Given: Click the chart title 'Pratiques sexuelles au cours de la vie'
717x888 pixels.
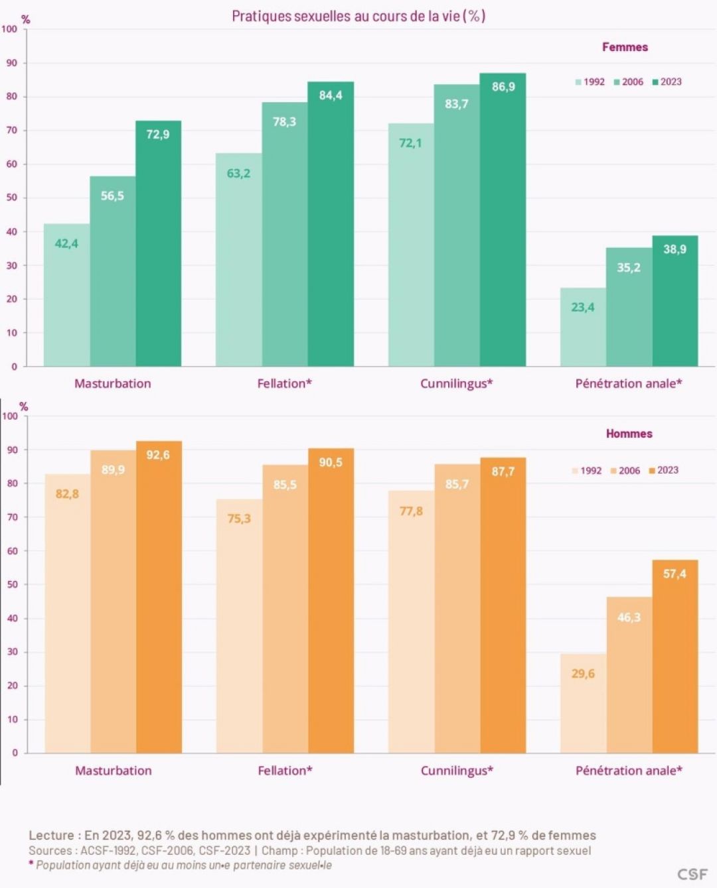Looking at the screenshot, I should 358,17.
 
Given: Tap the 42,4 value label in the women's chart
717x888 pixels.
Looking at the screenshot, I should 66,243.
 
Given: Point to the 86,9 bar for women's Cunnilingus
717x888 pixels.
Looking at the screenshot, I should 503,220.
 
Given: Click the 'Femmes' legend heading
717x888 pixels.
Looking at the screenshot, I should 625,47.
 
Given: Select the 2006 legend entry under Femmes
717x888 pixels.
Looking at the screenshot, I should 628,82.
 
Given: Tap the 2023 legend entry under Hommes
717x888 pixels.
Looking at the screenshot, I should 664,470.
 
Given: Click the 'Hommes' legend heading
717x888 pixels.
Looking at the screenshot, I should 629,434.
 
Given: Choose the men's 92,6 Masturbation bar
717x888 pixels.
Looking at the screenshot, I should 159,597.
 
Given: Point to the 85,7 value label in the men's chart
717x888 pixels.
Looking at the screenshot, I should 457,484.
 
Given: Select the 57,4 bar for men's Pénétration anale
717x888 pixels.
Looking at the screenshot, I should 675,657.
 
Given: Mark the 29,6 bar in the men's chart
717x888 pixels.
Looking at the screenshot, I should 583,703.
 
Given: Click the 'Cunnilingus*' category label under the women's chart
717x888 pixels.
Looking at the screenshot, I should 456,383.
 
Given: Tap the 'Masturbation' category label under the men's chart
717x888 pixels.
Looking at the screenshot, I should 113,771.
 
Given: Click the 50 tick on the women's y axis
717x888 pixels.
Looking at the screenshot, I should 12,198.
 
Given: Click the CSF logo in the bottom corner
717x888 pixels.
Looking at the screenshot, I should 692,874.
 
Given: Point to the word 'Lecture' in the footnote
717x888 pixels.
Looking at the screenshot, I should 50,835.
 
